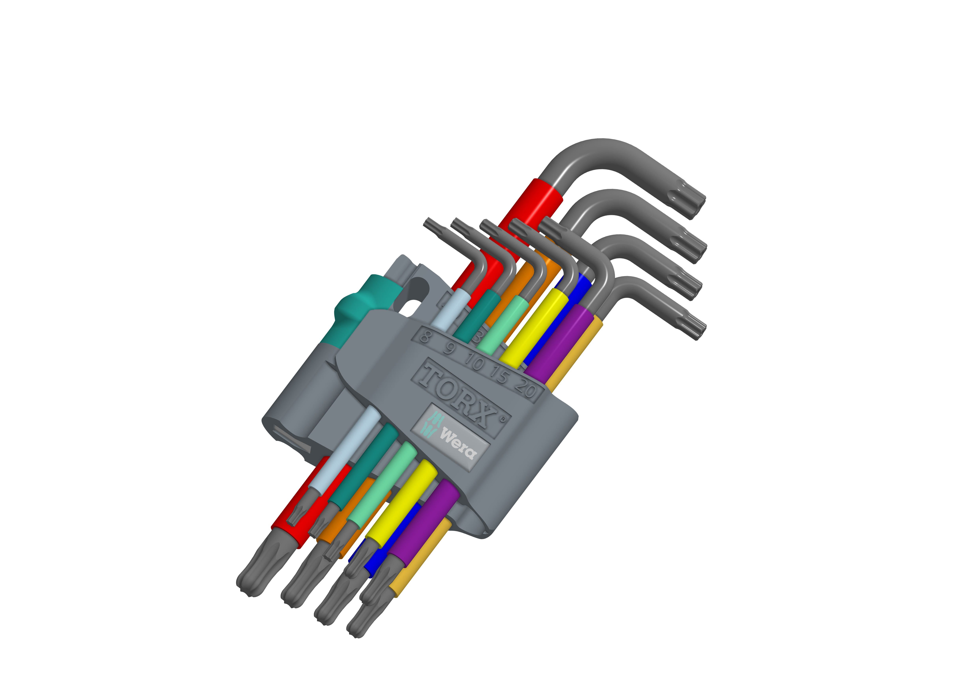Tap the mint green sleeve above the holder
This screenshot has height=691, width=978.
pos(503,324)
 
